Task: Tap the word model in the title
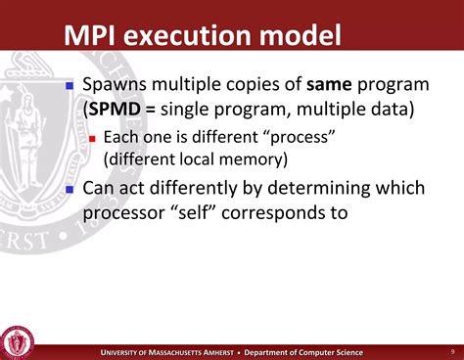302,37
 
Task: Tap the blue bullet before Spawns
70,87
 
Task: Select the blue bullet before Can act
70,187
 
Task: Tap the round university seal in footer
19,340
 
